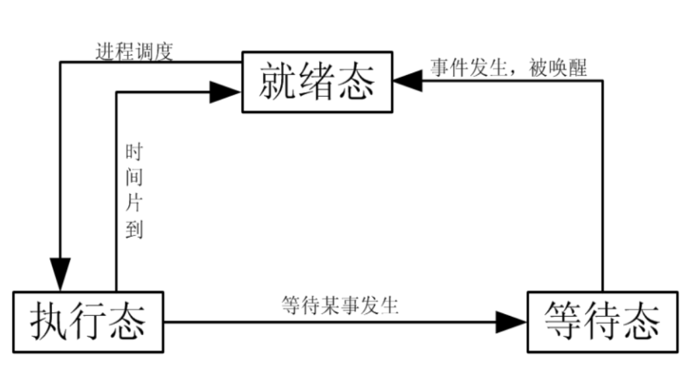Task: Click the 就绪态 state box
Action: click(317, 80)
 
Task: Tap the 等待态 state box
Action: click(601, 322)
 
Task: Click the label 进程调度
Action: click(134, 51)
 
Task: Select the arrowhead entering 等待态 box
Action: click(511, 322)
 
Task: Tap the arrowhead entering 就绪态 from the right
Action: click(408, 80)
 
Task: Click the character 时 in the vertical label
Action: click(134, 152)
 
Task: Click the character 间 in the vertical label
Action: click(134, 178)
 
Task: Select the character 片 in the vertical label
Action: click(134, 203)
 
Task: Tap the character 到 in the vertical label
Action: click(134, 229)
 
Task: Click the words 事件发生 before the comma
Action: click(470, 68)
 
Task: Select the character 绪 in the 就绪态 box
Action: click(317, 81)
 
